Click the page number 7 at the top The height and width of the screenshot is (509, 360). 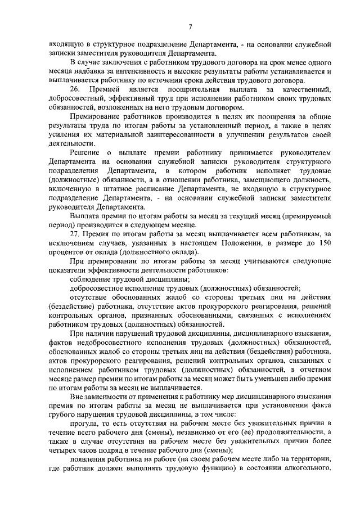click(x=191, y=27)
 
